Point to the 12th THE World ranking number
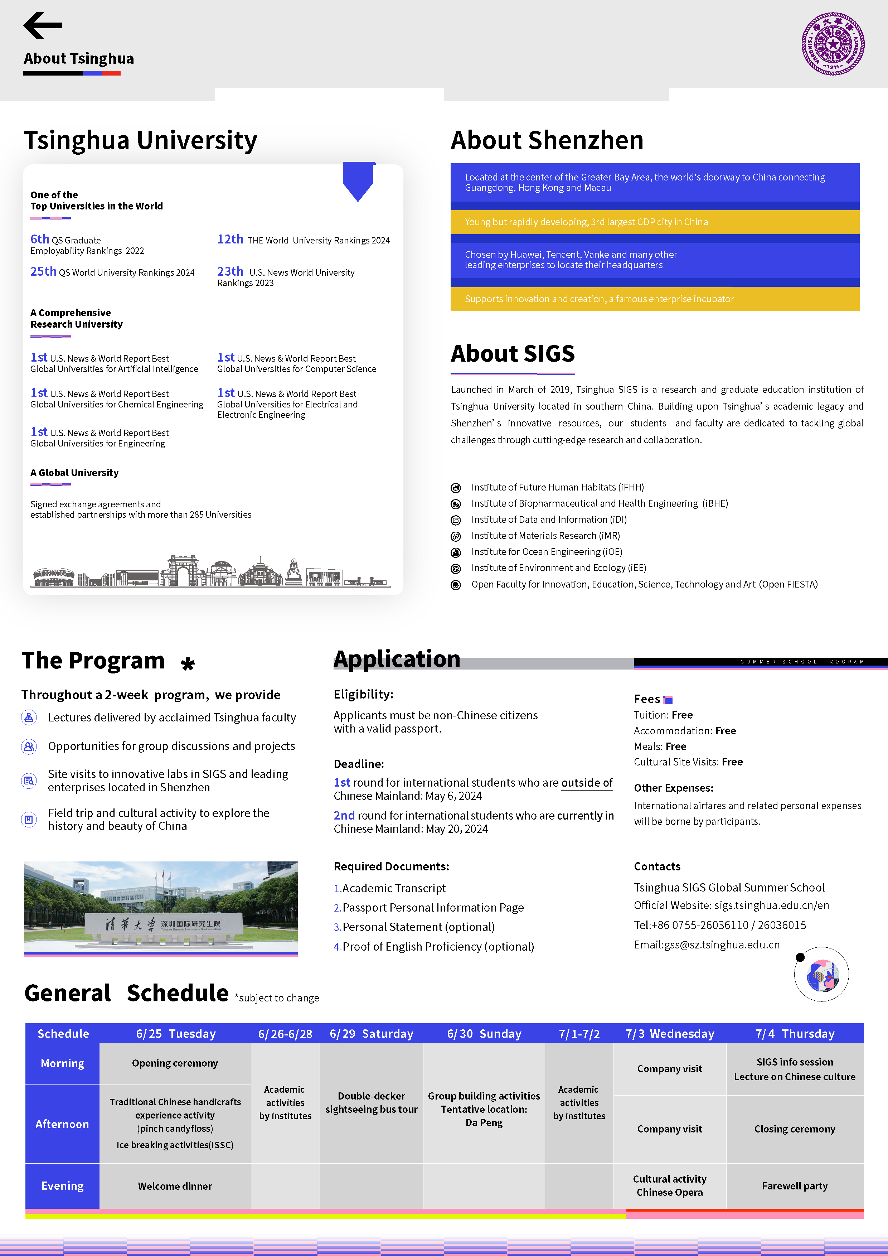[x=230, y=239]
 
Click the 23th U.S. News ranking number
[x=230, y=271]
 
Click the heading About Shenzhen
[x=547, y=140]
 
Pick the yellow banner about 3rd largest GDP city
[x=655, y=222]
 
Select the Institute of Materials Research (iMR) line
[x=545, y=536]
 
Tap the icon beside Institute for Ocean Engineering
[x=456, y=552]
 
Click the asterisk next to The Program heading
[x=188, y=664]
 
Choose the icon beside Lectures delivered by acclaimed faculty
[x=29, y=717]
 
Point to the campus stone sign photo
[x=161, y=907]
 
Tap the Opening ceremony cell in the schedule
[x=175, y=1063]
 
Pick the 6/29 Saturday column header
[x=371, y=1033]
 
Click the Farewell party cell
[x=795, y=1185]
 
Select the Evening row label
[x=62, y=1185]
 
